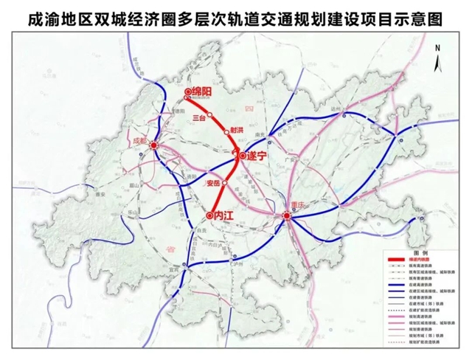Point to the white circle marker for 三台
coord(209,115)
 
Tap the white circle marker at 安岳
coord(224,181)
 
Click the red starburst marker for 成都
coord(154,145)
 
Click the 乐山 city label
coord(133,211)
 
